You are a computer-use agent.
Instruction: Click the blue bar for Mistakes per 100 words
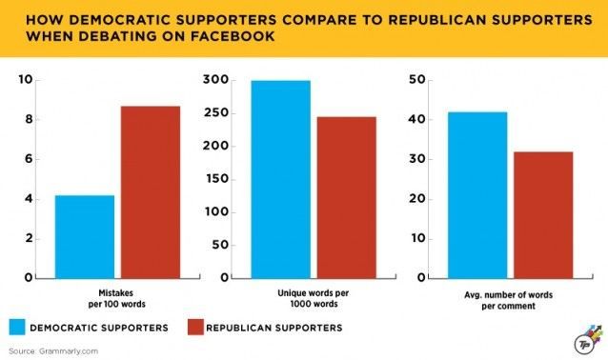[85, 237]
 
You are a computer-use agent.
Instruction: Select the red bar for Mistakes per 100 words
[151, 192]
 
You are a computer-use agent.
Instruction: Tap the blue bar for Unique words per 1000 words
[281, 179]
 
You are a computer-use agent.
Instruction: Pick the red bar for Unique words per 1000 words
[347, 198]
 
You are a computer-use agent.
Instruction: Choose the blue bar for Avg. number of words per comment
[477, 195]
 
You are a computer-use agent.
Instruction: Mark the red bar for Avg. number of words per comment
[543, 215]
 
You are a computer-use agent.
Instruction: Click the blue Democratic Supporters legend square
[17, 327]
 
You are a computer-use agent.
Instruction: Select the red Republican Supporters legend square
[195, 327]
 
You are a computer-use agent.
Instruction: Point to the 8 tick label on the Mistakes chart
[29, 119]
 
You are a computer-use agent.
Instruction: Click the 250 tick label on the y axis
[216, 112]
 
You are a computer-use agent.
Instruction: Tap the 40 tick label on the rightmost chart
[417, 119]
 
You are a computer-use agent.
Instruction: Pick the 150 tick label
[216, 179]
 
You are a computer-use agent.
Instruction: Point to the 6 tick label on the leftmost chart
[29, 159]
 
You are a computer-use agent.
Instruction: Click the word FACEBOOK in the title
[233, 36]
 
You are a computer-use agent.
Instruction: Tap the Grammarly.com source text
[69, 351]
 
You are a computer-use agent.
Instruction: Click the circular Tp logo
[583, 344]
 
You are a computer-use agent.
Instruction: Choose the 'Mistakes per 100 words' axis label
[116, 298]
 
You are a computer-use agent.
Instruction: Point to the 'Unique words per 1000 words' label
[314, 298]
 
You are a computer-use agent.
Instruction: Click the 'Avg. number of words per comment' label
[508, 300]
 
